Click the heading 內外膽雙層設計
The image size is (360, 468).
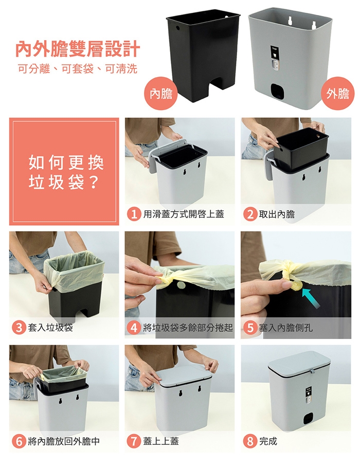point(77,49)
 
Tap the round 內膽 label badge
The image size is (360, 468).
point(161,94)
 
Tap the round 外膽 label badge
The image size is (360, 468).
point(337,94)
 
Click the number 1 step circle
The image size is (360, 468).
point(134,214)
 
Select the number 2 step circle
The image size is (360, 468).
point(250,214)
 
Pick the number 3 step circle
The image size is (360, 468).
point(19,328)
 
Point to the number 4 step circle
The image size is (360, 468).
point(134,328)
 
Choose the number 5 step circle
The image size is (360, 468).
point(250,328)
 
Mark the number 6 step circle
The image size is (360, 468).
point(19,441)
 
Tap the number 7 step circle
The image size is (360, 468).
point(134,441)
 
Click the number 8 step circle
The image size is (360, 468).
point(250,441)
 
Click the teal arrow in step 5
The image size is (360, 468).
point(311,298)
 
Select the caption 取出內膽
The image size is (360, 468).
point(277,214)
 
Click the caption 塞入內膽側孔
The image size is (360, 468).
point(285,328)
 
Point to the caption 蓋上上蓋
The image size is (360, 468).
point(161,441)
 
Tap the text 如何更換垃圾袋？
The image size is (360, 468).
point(66,172)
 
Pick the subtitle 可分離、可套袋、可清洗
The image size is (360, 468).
point(77,68)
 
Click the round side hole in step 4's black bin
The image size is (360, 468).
point(181,285)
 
